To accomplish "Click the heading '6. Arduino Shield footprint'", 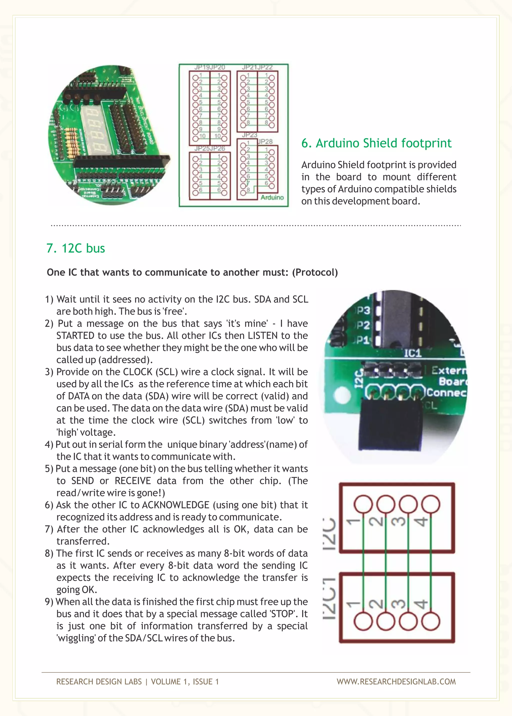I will click(x=376, y=143).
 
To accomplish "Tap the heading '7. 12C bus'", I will click(x=76, y=248).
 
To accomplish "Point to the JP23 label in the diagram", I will click(x=249, y=135).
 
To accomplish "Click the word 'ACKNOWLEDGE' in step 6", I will click(x=175, y=505).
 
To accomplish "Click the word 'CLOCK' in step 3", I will click(x=137, y=372).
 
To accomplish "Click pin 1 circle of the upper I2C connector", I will click(x=363, y=504).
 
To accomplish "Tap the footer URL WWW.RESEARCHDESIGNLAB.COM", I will click(x=396, y=682).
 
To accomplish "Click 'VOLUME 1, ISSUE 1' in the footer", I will click(x=185, y=682).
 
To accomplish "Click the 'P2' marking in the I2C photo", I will click(x=362, y=325).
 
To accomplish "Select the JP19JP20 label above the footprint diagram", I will click(x=210, y=67).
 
